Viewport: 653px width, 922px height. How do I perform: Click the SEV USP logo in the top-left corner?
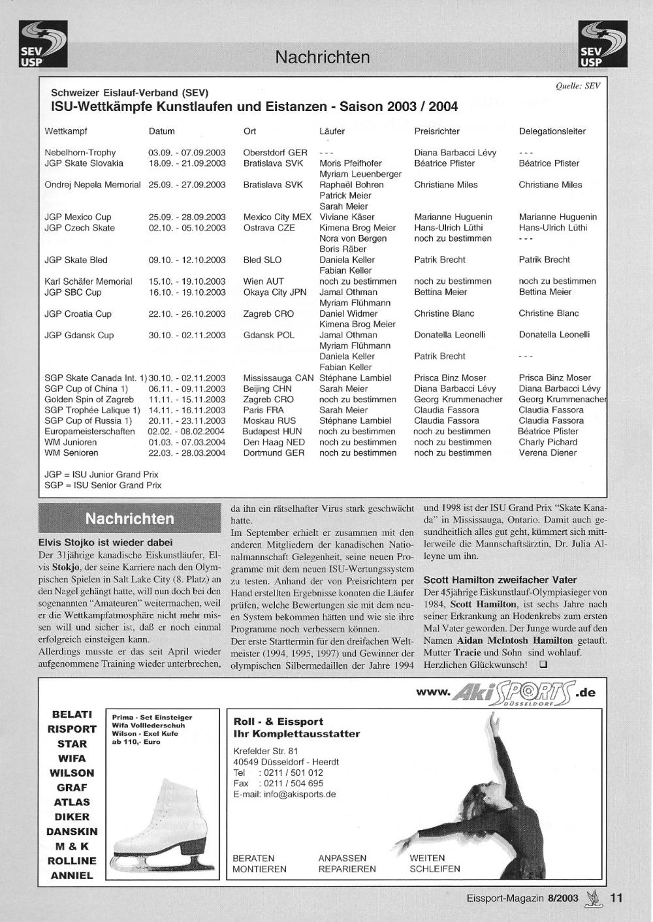point(43,44)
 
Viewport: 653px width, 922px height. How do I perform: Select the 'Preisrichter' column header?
point(436,131)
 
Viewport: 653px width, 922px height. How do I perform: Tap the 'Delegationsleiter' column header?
point(552,131)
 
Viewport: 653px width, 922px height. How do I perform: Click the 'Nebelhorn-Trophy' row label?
point(80,153)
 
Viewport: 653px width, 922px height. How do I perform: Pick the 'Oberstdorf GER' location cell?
point(275,153)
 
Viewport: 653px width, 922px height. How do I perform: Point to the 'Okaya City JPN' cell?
point(274,292)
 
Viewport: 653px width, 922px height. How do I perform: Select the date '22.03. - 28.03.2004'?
point(187,453)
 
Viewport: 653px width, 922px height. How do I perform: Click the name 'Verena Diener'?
point(547,453)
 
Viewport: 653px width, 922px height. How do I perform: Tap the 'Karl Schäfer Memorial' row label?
point(88,281)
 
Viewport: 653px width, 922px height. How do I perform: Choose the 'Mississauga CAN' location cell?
point(278,377)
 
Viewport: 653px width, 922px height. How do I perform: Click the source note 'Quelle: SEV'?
point(577,85)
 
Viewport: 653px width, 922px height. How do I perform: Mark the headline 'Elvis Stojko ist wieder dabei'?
point(106,542)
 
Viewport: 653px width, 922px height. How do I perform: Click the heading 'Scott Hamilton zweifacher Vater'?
point(500,579)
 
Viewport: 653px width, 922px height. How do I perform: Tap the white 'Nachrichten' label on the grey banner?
point(130,519)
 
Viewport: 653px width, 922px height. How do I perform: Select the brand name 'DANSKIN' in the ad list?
point(72,832)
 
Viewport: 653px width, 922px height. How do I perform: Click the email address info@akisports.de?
point(300,794)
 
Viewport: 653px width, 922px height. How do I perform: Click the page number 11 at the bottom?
point(616,898)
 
